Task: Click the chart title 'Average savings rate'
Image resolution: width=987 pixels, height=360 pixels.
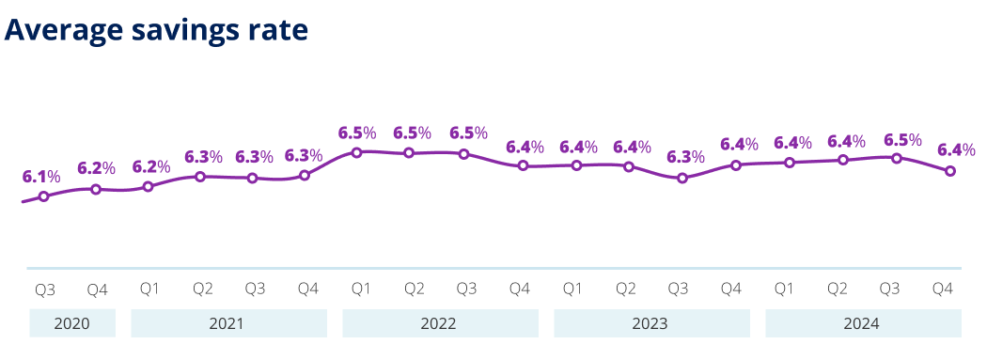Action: pyautogui.click(x=156, y=29)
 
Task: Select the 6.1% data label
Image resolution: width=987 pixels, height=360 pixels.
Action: pyautogui.click(x=41, y=176)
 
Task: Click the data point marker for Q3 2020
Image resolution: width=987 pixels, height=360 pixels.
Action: pyautogui.click(x=43, y=196)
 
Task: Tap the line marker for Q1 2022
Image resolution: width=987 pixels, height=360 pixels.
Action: pyautogui.click(x=356, y=151)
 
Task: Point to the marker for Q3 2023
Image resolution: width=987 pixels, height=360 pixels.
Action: pyautogui.click(x=683, y=178)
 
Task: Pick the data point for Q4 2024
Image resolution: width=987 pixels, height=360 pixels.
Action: pyautogui.click(x=950, y=171)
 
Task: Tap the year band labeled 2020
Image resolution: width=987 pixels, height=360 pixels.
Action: pyautogui.click(x=72, y=324)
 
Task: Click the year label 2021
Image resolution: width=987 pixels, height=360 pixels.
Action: pyautogui.click(x=227, y=324)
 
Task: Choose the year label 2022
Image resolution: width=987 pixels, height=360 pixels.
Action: pyautogui.click(x=439, y=324)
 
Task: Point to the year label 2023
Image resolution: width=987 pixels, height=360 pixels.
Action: pyautogui.click(x=650, y=324)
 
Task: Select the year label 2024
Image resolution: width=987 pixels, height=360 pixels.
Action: pyautogui.click(x=862, y=324)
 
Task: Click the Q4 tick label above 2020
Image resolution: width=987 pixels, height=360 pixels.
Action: pyautogui.click(x=97, y=290)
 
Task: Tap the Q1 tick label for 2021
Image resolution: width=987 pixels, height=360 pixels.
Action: pyautogui.click(x=149, y=290)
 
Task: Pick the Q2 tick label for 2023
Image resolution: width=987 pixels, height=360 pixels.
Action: pyautogui.click(x=625, y=290)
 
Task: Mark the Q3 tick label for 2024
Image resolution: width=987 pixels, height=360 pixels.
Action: pyautogui.click(x=889, y=290)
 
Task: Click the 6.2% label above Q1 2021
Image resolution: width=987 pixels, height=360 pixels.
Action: pyautogui.click(x=150, y=166)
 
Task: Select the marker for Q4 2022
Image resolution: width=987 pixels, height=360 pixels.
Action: pyautogui.click(x=523, y=166)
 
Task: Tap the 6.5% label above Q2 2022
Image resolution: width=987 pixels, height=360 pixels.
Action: pyautogui.click(x=412, y=133)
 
